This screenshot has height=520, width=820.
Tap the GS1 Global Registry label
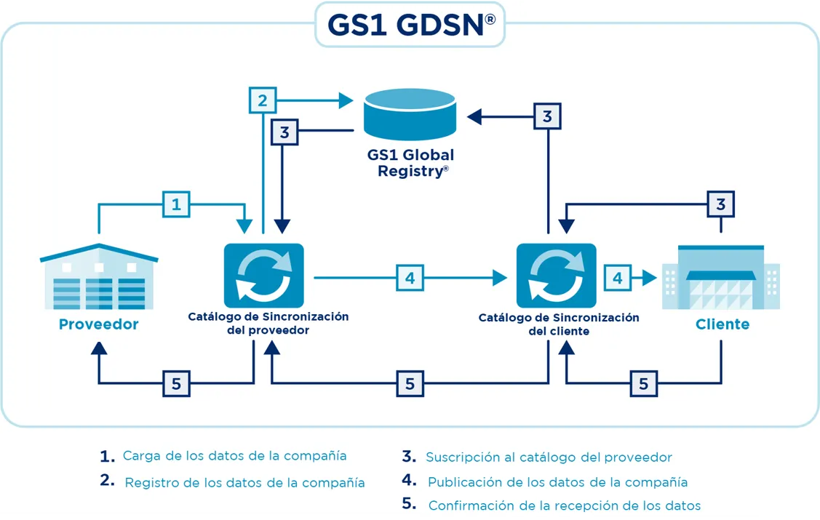pos(410,163)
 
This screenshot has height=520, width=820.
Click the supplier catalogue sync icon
pos(263,276)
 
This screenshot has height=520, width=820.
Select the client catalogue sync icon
pos(556,276)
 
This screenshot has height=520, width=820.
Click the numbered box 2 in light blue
pos(263,100)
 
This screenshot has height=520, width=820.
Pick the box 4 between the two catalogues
pos(410,277)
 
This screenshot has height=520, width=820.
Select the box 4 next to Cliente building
pos(618,277)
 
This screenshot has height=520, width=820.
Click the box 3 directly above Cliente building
pos(720,204)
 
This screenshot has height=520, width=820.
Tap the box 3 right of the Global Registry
pos(547,116)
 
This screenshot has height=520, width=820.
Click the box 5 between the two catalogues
pos(410,383)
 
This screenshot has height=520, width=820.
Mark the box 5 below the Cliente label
pos(643,383)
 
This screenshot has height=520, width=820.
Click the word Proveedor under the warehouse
pos(98,324)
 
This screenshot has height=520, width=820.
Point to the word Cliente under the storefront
pos(722,324)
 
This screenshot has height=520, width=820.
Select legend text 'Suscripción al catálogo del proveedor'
pos(549,457)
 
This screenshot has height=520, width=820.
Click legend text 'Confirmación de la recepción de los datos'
pos(564,505)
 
